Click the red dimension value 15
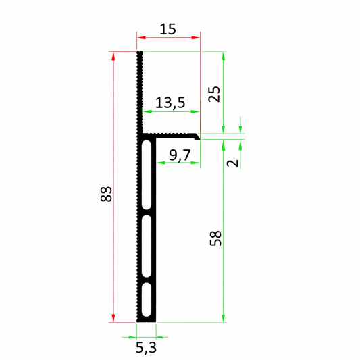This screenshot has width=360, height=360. (x=168, y=29)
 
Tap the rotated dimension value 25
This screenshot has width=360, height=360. (x=214, y=93)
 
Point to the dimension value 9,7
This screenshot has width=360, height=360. (x=180, y=155)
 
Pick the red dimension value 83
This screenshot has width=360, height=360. (x=105, y=195)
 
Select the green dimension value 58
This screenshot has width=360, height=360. (x=216, y=238)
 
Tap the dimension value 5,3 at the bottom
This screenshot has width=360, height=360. (x=147, y=347)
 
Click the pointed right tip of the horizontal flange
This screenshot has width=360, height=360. (x=201, y=136)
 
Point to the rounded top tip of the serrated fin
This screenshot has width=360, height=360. (x=139, y=53)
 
